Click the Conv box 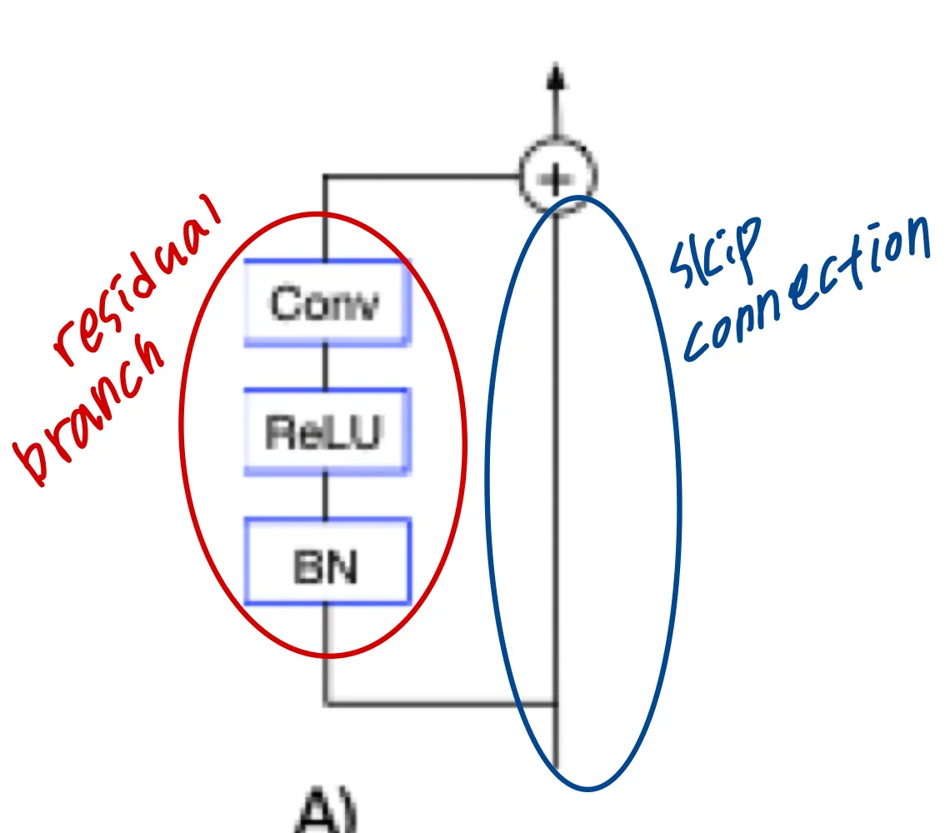327,302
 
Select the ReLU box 327,431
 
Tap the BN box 327,561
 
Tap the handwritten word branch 92,416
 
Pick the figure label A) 327,812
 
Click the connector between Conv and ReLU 325,367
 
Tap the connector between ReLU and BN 325,496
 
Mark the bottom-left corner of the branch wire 325,705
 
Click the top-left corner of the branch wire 325,177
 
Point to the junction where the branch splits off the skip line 557,705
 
